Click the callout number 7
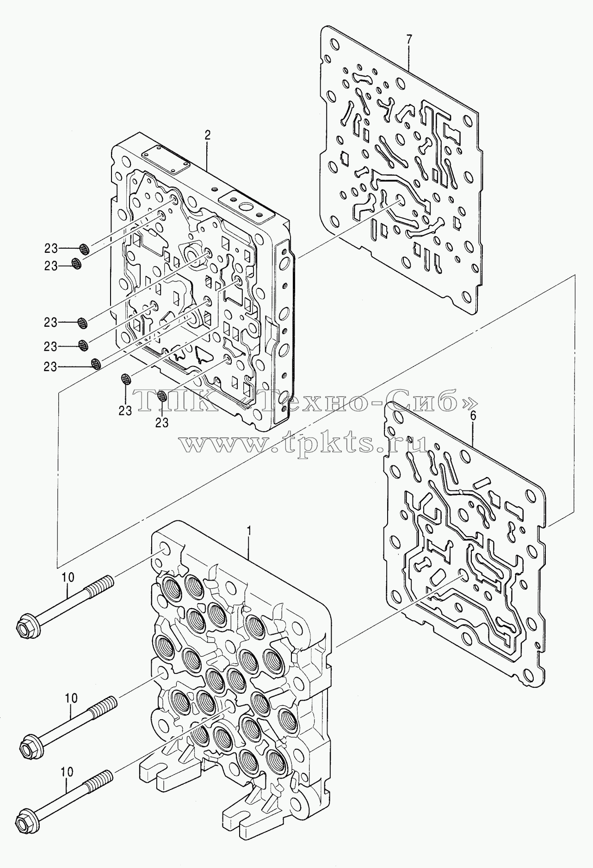point(408,40)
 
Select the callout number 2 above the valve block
point(208,135)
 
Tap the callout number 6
point(473,416)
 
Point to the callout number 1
point(249,531)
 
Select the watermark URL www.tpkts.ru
point(303,445)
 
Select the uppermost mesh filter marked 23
point(83,250)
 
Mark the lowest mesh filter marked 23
point(162,396)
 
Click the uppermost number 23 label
point(51,249)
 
